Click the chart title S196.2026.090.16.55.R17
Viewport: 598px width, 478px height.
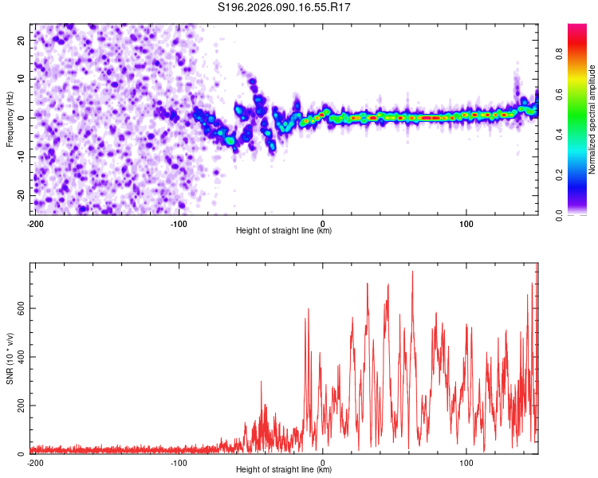[285, 7]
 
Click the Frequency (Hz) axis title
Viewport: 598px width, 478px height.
[10, 120]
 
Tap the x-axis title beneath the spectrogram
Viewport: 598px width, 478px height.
[284, 231]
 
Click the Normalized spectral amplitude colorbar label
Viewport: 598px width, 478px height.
[592, 120]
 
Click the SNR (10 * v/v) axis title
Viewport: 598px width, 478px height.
[10, 358]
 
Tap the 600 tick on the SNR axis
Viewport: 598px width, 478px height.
[21, 308]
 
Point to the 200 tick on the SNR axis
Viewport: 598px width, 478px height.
[21, 406]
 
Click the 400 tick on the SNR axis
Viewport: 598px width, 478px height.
[21, 357]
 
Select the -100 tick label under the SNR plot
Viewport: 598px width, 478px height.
[179, 462]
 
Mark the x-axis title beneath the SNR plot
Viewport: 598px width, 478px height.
[284, 470]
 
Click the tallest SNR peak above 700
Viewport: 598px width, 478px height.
[412, 272]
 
